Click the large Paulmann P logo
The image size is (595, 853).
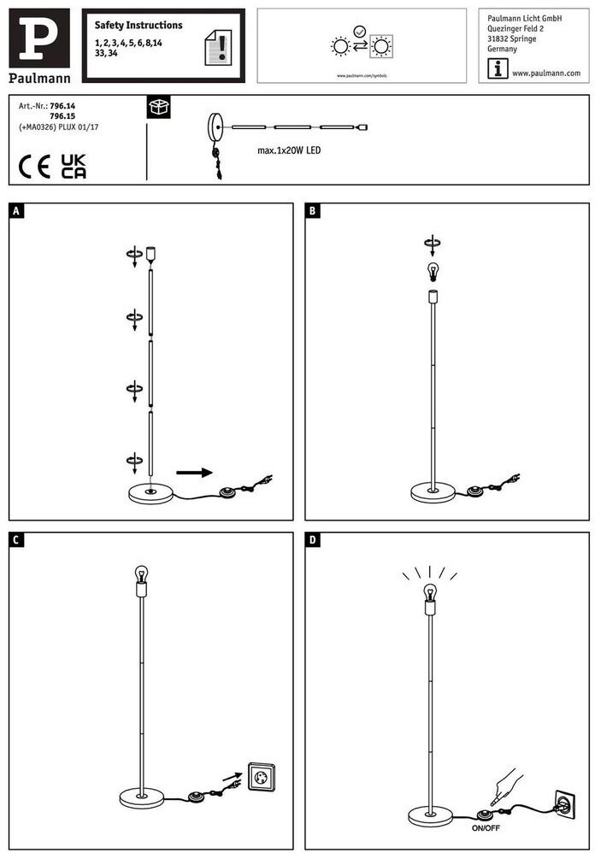click(39, 39)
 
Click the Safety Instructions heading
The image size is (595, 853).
click(138, 26)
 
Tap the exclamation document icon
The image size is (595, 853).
click(219, 47)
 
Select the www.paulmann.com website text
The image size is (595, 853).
click(546, 74)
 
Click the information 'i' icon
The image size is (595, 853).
click(497, 71)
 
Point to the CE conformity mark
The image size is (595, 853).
click(35, 166)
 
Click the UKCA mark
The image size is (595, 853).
click(74, 166)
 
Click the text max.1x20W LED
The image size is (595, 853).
click(290, 150)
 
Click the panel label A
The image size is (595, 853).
click(16, 210)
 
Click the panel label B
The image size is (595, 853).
click(313, 210)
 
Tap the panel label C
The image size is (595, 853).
click(16, 539)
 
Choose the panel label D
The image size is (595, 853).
click(313, 539)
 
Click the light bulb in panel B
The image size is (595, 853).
click(433, 272)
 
